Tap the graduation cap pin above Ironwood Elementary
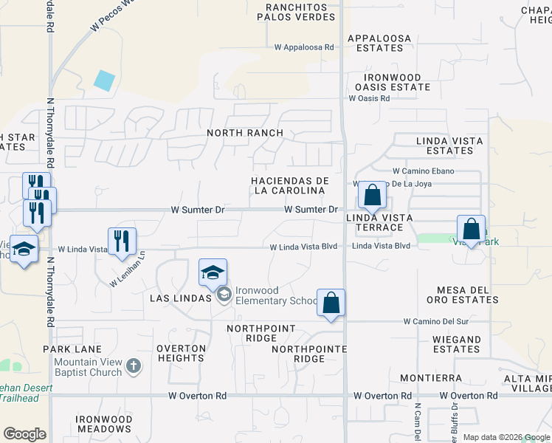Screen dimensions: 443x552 pyautogui.click(x=213, y=273)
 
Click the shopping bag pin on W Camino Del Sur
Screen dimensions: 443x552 pyautogui.click(x=331, y=302)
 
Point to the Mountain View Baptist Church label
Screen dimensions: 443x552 pyautogui.click(x=88, y=367)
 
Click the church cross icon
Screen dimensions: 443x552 pyautogui.click(x=133, y=365)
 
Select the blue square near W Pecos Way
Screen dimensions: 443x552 pyautogui.click(x=105, y=80)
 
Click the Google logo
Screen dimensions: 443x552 pyautogui.click(x=24, y=434)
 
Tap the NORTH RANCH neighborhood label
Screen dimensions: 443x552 pyautogui.click(x=245, y=133)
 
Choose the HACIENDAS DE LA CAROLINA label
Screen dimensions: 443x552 pyautogui.click(x=289, y=185)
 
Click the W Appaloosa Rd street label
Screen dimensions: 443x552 pyautogui.click(x=304, y=47)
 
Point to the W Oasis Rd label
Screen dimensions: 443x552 pyautogui.click(x=369, y=97)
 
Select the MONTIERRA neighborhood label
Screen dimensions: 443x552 pyautogui.click(x=431, y=377)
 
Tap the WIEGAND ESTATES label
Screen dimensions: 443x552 pyautogui.click(x=452, y=344)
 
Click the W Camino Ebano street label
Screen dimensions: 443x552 pyautogui.click(x=418, y=171)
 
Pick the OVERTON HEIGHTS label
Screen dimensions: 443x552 pyautogui.click(x=181, y=353)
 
